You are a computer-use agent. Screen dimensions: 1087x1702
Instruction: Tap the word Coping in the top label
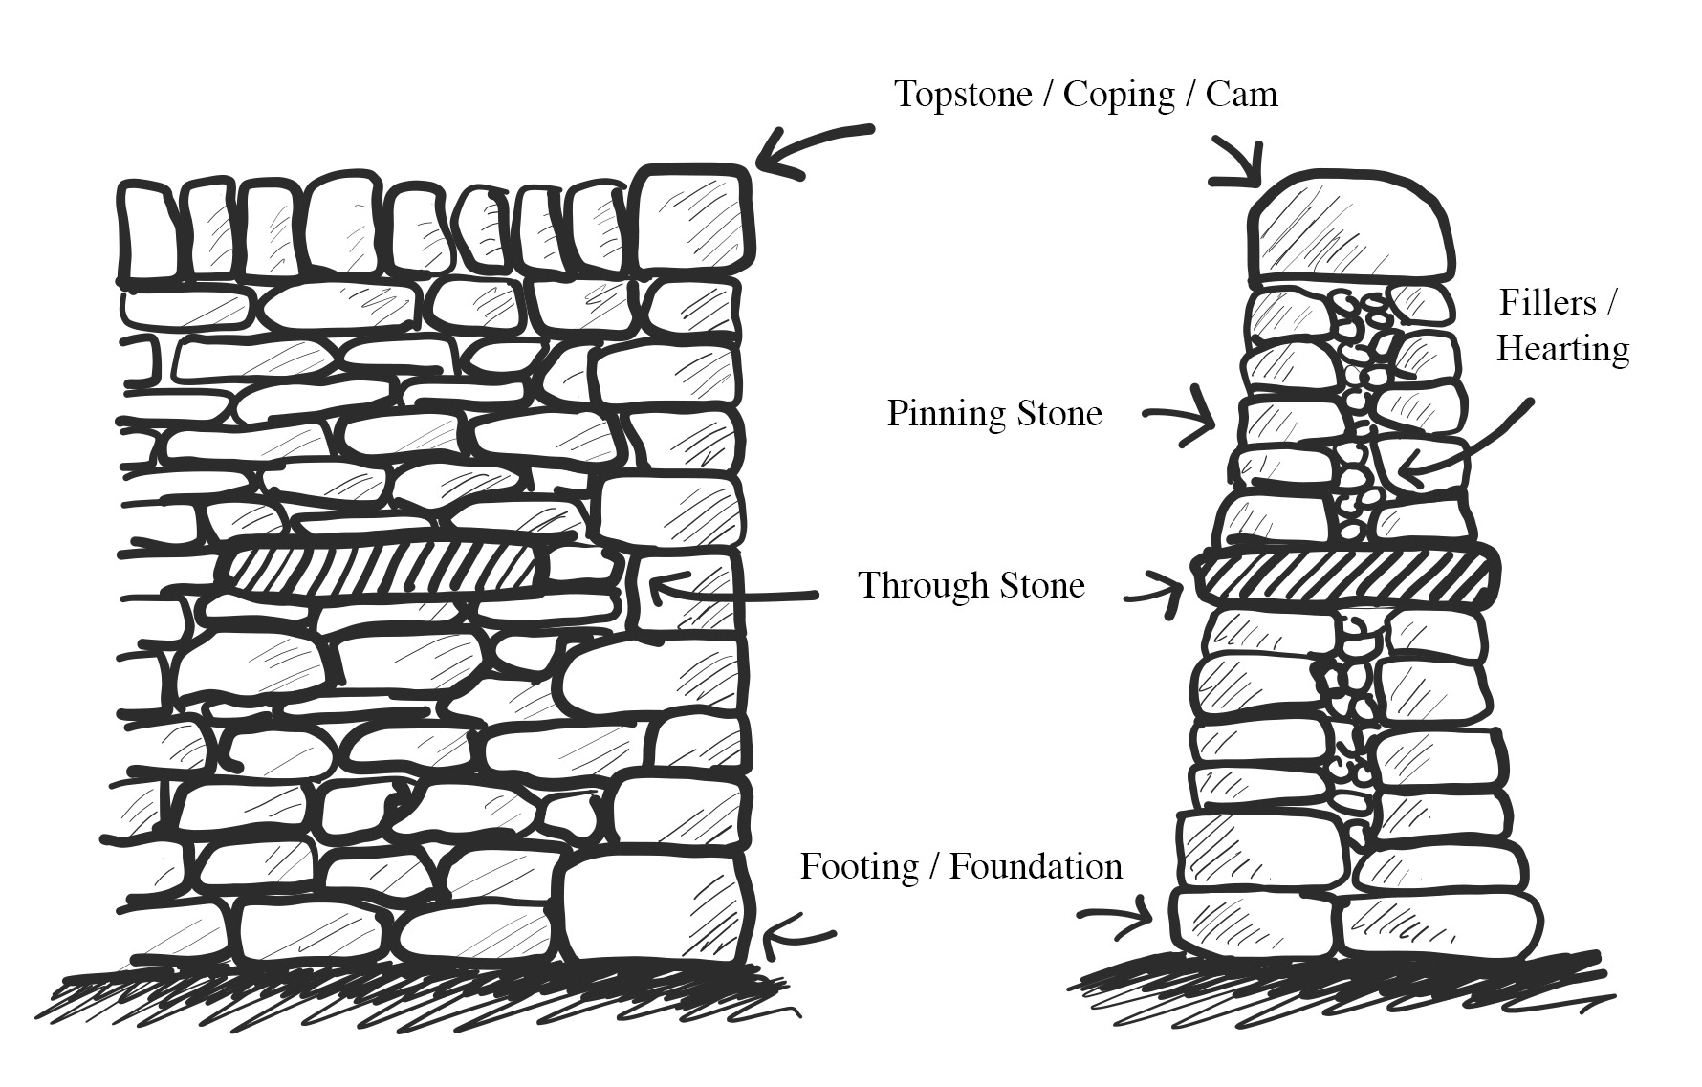(1119, 96)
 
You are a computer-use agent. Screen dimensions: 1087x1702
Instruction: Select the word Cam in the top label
(1241, 95)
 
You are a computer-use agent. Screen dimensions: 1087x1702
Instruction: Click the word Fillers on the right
(1547, 303)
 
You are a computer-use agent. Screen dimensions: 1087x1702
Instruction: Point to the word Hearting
(1562, 348)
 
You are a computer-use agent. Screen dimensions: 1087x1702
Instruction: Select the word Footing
(859, 867)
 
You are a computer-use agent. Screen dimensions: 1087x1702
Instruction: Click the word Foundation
(1036, 867)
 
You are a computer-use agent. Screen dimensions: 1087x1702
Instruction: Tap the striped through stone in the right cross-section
(1344, 576)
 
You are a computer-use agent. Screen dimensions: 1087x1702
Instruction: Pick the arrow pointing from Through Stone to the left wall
(727, 594)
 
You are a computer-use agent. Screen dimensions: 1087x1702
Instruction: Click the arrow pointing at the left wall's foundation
(798, 932)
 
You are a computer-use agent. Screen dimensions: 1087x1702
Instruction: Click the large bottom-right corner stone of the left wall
(652, 908)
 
